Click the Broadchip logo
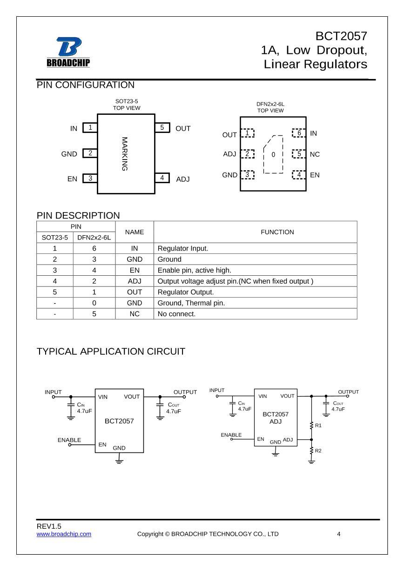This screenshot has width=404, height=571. [68, 52]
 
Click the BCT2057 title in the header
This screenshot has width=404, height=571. [341, 36]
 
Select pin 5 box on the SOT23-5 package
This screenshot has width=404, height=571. [162, 127]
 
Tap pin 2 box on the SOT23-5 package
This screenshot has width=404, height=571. [90, 153]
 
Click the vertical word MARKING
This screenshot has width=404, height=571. [124, 153]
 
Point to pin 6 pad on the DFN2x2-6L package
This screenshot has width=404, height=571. [299, 133]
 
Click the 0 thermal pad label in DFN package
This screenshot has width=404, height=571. [273, 154]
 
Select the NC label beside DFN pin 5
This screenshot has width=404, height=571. [315, 154]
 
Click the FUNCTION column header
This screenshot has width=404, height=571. [277, 232]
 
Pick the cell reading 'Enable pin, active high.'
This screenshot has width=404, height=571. [195, 270]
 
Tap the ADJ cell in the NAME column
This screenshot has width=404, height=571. [135, 281]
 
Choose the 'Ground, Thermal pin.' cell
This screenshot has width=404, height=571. [191, 303]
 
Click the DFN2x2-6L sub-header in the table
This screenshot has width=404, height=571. [94, 238]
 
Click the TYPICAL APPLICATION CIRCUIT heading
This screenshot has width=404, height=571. [111, 352]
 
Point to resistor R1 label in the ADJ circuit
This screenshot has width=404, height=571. [318, 425]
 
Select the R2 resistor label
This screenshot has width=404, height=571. [318, 451]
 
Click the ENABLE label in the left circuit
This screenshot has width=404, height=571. [69, 440]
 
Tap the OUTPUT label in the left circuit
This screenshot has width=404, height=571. [185, 392]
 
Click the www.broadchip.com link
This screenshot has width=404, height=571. [64, 534]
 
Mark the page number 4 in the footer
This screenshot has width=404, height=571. [339, 534]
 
